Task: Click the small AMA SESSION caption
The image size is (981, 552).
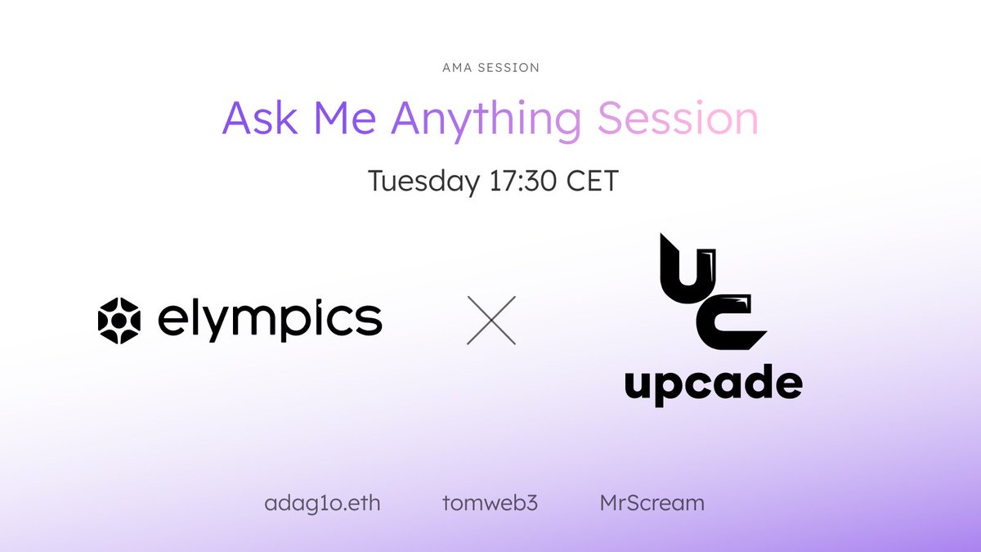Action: click(x=490, y=68)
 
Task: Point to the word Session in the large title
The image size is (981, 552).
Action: click(x=678, y=119)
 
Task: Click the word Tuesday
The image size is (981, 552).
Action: click(x=423, y=181)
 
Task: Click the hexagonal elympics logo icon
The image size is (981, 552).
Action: click(x=119, y=320)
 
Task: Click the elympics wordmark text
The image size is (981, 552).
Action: click(x=269, y=320)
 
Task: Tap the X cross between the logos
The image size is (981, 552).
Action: click(x=490, y=320)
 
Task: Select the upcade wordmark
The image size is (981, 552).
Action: click(x=713, y=382)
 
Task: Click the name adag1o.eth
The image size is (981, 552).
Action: click(x=322, y=502)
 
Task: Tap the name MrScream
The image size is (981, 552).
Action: click(x=652, y=502)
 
